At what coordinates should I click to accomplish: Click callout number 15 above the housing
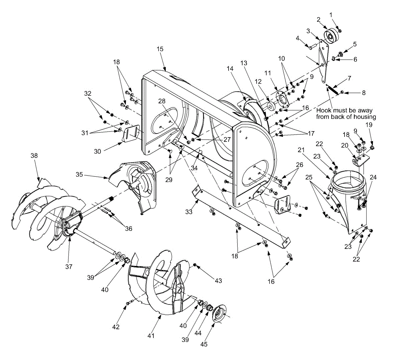(x=160, y=49)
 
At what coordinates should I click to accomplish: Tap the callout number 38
(x=34, y=156)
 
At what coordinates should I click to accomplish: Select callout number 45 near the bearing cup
(x=204, y=344)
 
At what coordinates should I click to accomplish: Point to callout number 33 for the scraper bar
(x=189, y=211)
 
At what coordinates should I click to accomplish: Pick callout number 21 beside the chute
(x=301, y=150)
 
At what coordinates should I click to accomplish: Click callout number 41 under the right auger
(x=151, y=335)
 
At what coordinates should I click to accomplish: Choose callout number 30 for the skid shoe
(x=97, y=152)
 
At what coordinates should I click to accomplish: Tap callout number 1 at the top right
(x=331, y=15)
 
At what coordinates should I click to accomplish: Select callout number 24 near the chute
(x=373, y=177)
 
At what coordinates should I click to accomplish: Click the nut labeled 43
(x=194, y=265)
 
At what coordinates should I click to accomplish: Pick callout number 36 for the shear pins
(x=128, y=229)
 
